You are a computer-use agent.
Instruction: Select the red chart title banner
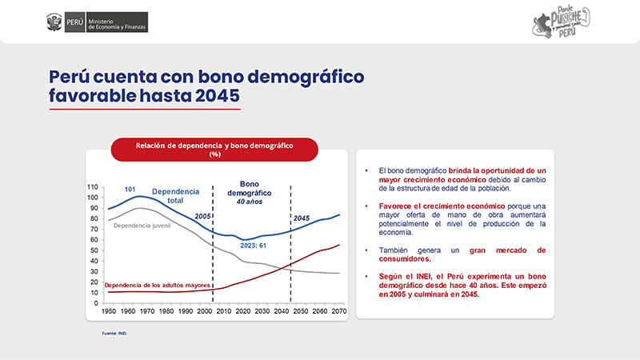214,150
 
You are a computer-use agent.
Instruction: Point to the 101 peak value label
130,189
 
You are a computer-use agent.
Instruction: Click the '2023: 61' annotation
253,245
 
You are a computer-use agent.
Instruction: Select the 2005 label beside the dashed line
202,217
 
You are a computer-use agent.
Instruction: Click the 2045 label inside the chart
301,218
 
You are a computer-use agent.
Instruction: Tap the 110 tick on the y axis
93,186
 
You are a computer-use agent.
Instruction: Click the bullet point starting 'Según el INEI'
456,284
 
